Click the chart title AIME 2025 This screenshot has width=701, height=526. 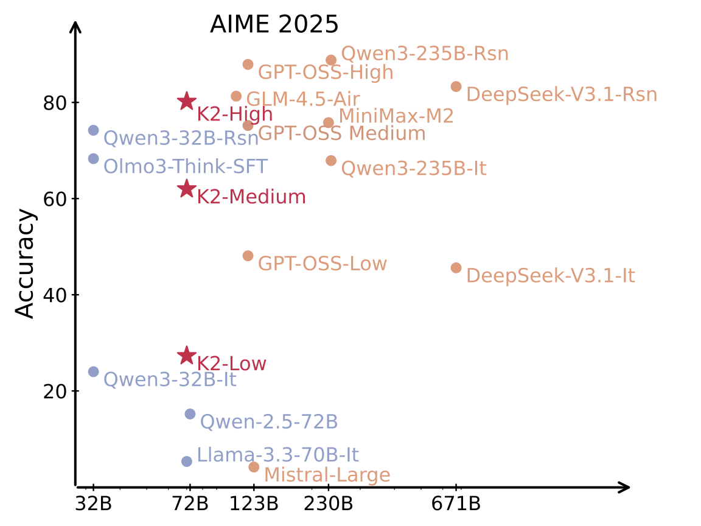274,25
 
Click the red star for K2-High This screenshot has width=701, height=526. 187,102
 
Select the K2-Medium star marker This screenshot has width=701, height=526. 187,189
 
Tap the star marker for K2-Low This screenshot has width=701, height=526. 187,356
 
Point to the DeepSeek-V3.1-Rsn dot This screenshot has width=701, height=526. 456,86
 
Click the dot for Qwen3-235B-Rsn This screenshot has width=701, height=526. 331,60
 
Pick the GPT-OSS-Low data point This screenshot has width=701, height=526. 248,256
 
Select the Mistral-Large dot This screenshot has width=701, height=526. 254,467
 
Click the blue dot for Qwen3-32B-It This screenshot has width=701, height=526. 93,371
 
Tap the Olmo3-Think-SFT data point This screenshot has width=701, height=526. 93,158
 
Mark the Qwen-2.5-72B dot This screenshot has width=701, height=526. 190,414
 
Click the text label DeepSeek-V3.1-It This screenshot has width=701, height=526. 550,276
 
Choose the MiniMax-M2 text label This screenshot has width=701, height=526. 396,116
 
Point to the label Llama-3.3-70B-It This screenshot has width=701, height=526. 277,455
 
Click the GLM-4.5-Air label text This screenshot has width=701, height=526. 302,99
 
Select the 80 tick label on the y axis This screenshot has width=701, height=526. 54,103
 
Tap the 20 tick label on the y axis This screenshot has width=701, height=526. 54,391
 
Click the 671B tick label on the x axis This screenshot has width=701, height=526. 456,504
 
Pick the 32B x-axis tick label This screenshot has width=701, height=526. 93,504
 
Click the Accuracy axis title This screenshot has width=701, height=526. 26,263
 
